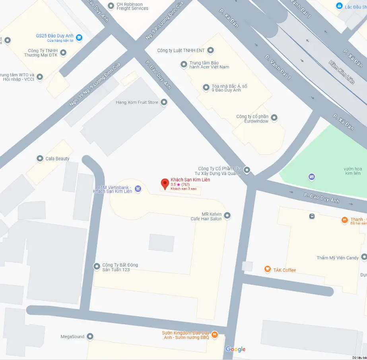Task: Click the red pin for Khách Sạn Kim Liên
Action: (x=165, y=183)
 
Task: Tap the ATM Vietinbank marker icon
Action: (x=138, y=189)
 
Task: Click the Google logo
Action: (x=235, y=349)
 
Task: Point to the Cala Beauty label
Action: (x=57, y=159)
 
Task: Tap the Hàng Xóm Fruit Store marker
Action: (x=163, y=102)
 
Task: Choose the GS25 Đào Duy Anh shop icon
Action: (x=79, y=37)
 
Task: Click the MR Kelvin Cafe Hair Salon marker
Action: (x=227, y=216)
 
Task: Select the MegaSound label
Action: (x=72, y=337)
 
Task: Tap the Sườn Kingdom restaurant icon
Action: (x=215, y=335)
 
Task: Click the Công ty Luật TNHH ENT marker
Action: (x=211, y=50)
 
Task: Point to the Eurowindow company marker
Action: (x=274, y=117)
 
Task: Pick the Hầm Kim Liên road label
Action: (x=342, y=72)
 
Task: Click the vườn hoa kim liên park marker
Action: (x=312, y=177)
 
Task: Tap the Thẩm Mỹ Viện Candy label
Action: (x=338, y=258)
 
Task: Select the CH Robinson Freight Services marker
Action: (x=111, y=6)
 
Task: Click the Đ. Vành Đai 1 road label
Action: (x=278, y=67)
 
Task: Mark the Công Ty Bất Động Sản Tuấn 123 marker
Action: (x=97, y=267)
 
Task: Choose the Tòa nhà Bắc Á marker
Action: (x=206, y=87)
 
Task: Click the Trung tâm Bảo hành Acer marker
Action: (x=184, y=64)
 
